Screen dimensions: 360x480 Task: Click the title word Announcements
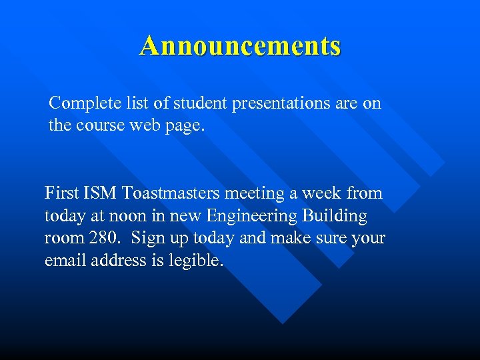tap(240, 46)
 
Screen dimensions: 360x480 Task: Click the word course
tap(104, 125)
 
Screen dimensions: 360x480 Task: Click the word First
tap(62, 193)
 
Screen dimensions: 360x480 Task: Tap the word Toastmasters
tap(171, 193)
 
